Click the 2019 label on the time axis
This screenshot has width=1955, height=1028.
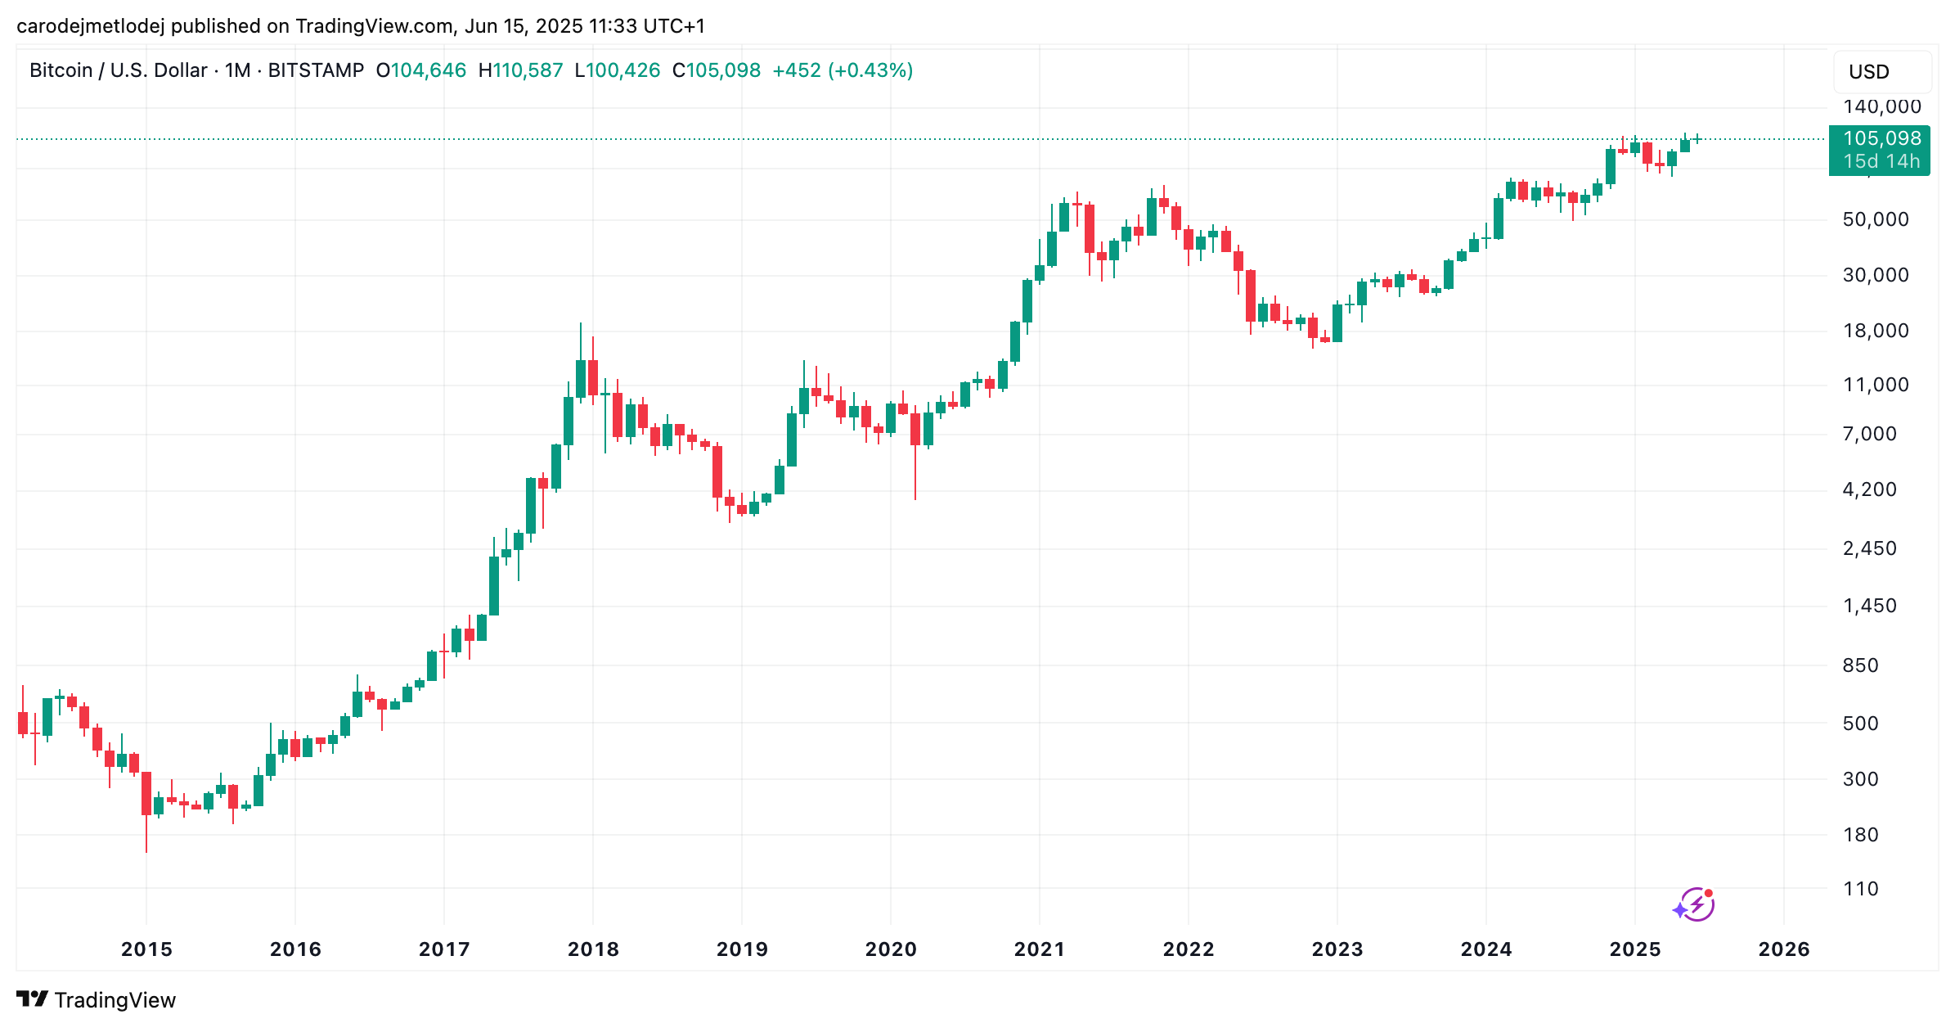point(742,949)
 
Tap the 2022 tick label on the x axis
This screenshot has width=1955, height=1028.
point(1189,949)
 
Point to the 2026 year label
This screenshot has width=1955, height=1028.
point(1784,949)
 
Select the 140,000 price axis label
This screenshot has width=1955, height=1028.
point(1881,106)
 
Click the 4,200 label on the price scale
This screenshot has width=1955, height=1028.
point(1869,489)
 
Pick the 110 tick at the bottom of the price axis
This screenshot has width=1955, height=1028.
point(1860,889)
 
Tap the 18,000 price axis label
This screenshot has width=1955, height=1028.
point(1876,331)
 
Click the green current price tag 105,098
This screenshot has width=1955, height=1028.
point(1881,138)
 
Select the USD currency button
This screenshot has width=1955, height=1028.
point(1869,72)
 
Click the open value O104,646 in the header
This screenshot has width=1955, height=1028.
point(420,70)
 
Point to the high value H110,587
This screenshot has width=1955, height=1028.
point(520,70)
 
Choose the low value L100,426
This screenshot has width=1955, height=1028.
point(617,70)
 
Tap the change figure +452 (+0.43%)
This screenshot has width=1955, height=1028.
point(843,70)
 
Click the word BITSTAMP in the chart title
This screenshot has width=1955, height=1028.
point(316,70)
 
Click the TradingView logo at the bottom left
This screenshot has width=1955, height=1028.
point(96,1000)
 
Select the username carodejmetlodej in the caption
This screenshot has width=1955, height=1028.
point(90,26)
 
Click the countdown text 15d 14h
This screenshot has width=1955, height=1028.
point(1881,161)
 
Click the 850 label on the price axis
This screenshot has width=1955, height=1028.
point(1860,665)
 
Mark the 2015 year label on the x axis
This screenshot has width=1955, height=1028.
point(146,949)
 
